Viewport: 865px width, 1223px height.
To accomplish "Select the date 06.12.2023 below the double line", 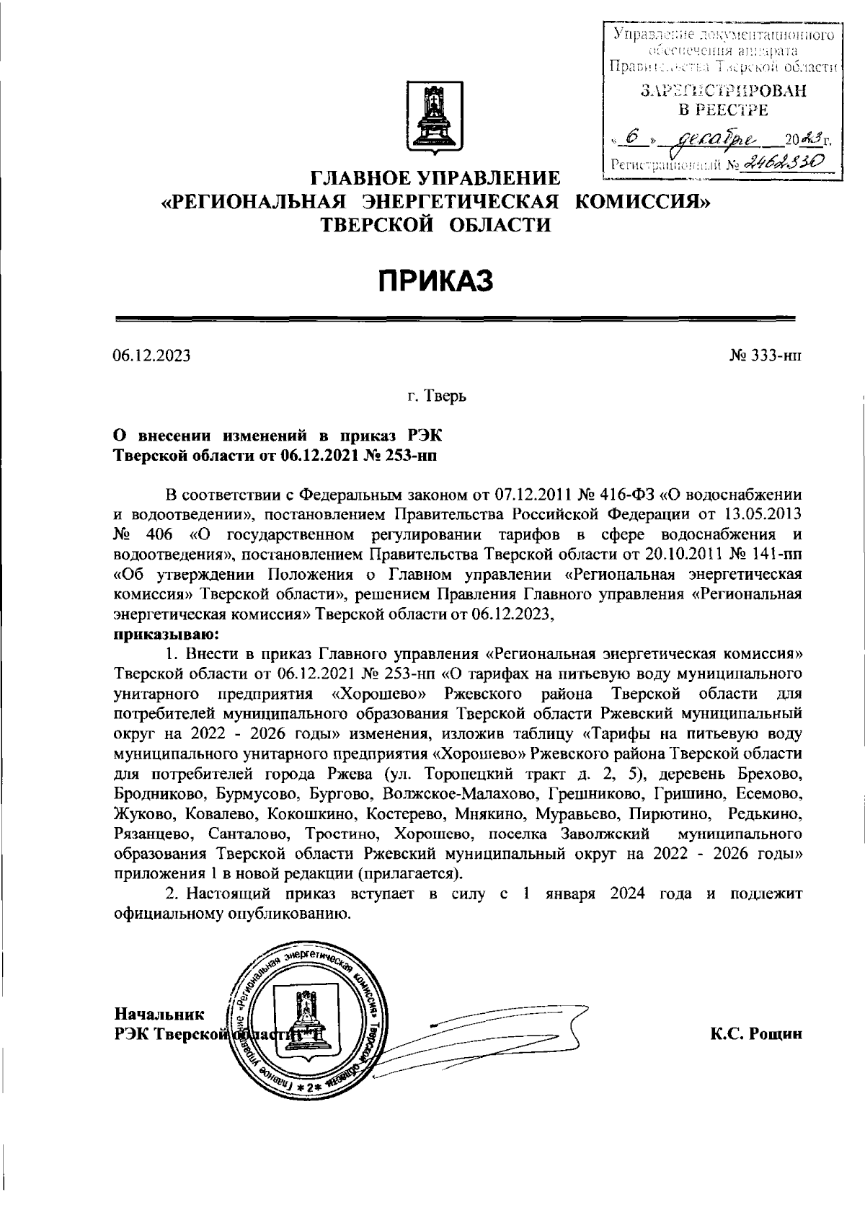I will [x=152, y=356].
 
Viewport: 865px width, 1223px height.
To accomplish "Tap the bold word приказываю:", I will [x=167, y=635].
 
